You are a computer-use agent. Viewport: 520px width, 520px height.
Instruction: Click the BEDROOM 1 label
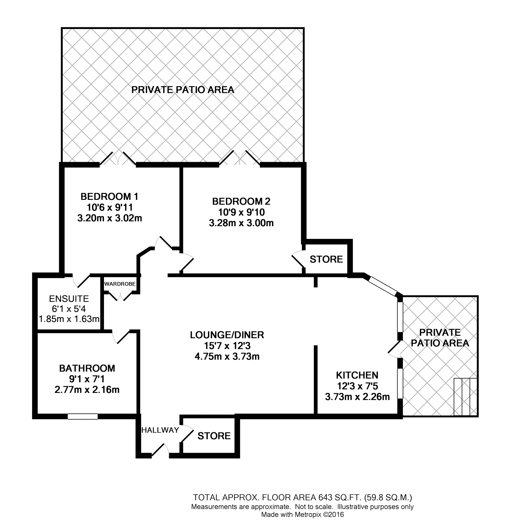[109, 197]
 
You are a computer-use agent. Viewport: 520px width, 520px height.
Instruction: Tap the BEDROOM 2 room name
[241, 201]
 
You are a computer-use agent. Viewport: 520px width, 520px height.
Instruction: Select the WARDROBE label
[120, 284]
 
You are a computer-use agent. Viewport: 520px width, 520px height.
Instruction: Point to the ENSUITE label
[69, 298]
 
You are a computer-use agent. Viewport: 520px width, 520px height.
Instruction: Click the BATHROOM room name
[87, 368]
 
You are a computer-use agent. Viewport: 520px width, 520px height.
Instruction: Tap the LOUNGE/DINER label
[227, 335]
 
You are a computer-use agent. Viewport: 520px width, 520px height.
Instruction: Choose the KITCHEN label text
[357, 375]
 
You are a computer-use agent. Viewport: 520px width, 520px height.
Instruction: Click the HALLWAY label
[160, 430]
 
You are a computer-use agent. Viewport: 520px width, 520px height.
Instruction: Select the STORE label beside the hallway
[214, 436]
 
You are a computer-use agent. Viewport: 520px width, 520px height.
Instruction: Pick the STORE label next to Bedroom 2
[326, 259]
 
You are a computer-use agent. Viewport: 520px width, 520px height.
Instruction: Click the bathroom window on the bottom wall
[83, 416]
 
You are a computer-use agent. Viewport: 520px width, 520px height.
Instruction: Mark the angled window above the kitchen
[382, 285]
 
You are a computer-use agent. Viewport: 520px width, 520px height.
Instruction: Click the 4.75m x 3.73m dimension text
[227, 357]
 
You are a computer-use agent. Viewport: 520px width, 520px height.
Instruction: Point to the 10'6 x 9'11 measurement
[110, 207]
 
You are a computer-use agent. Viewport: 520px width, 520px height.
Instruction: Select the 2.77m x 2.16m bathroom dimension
[87, 389]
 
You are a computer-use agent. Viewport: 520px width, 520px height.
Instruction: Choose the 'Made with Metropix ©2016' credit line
[302, 514]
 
